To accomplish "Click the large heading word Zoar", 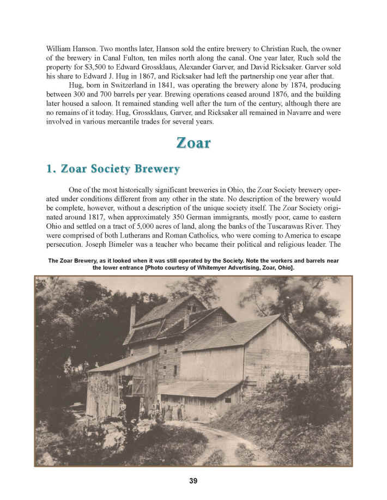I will tap(194, 143).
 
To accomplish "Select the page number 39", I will tap(194, 480).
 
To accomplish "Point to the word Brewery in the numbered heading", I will tap(153, 169).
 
